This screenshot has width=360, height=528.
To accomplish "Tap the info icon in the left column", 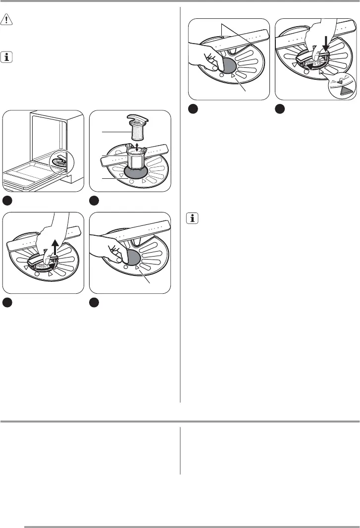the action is (x=8, y=58).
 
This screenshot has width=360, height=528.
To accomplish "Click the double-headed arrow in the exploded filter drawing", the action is (x=137, y=147).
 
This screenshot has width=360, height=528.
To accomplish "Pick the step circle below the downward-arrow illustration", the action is (x=280, y=109).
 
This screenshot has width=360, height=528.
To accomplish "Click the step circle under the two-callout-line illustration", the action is (x=194, y=109).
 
